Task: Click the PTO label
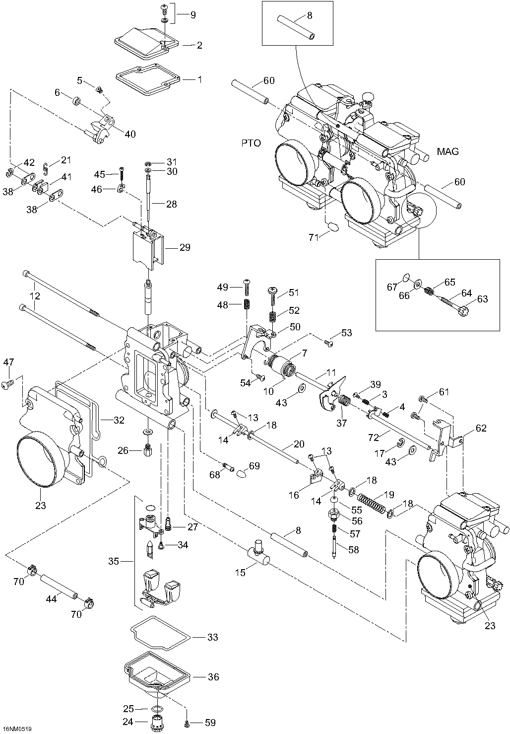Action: (251, 143)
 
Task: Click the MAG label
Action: (448, 151)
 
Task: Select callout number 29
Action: (185, 247)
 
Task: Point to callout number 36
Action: (213, 677)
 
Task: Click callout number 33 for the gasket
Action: (212, 637)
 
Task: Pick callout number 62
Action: (481, 428)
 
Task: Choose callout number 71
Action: (314, 237)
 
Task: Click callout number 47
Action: (8, 364)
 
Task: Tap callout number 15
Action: (240, 573)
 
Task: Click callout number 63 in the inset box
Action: (482, 299)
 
